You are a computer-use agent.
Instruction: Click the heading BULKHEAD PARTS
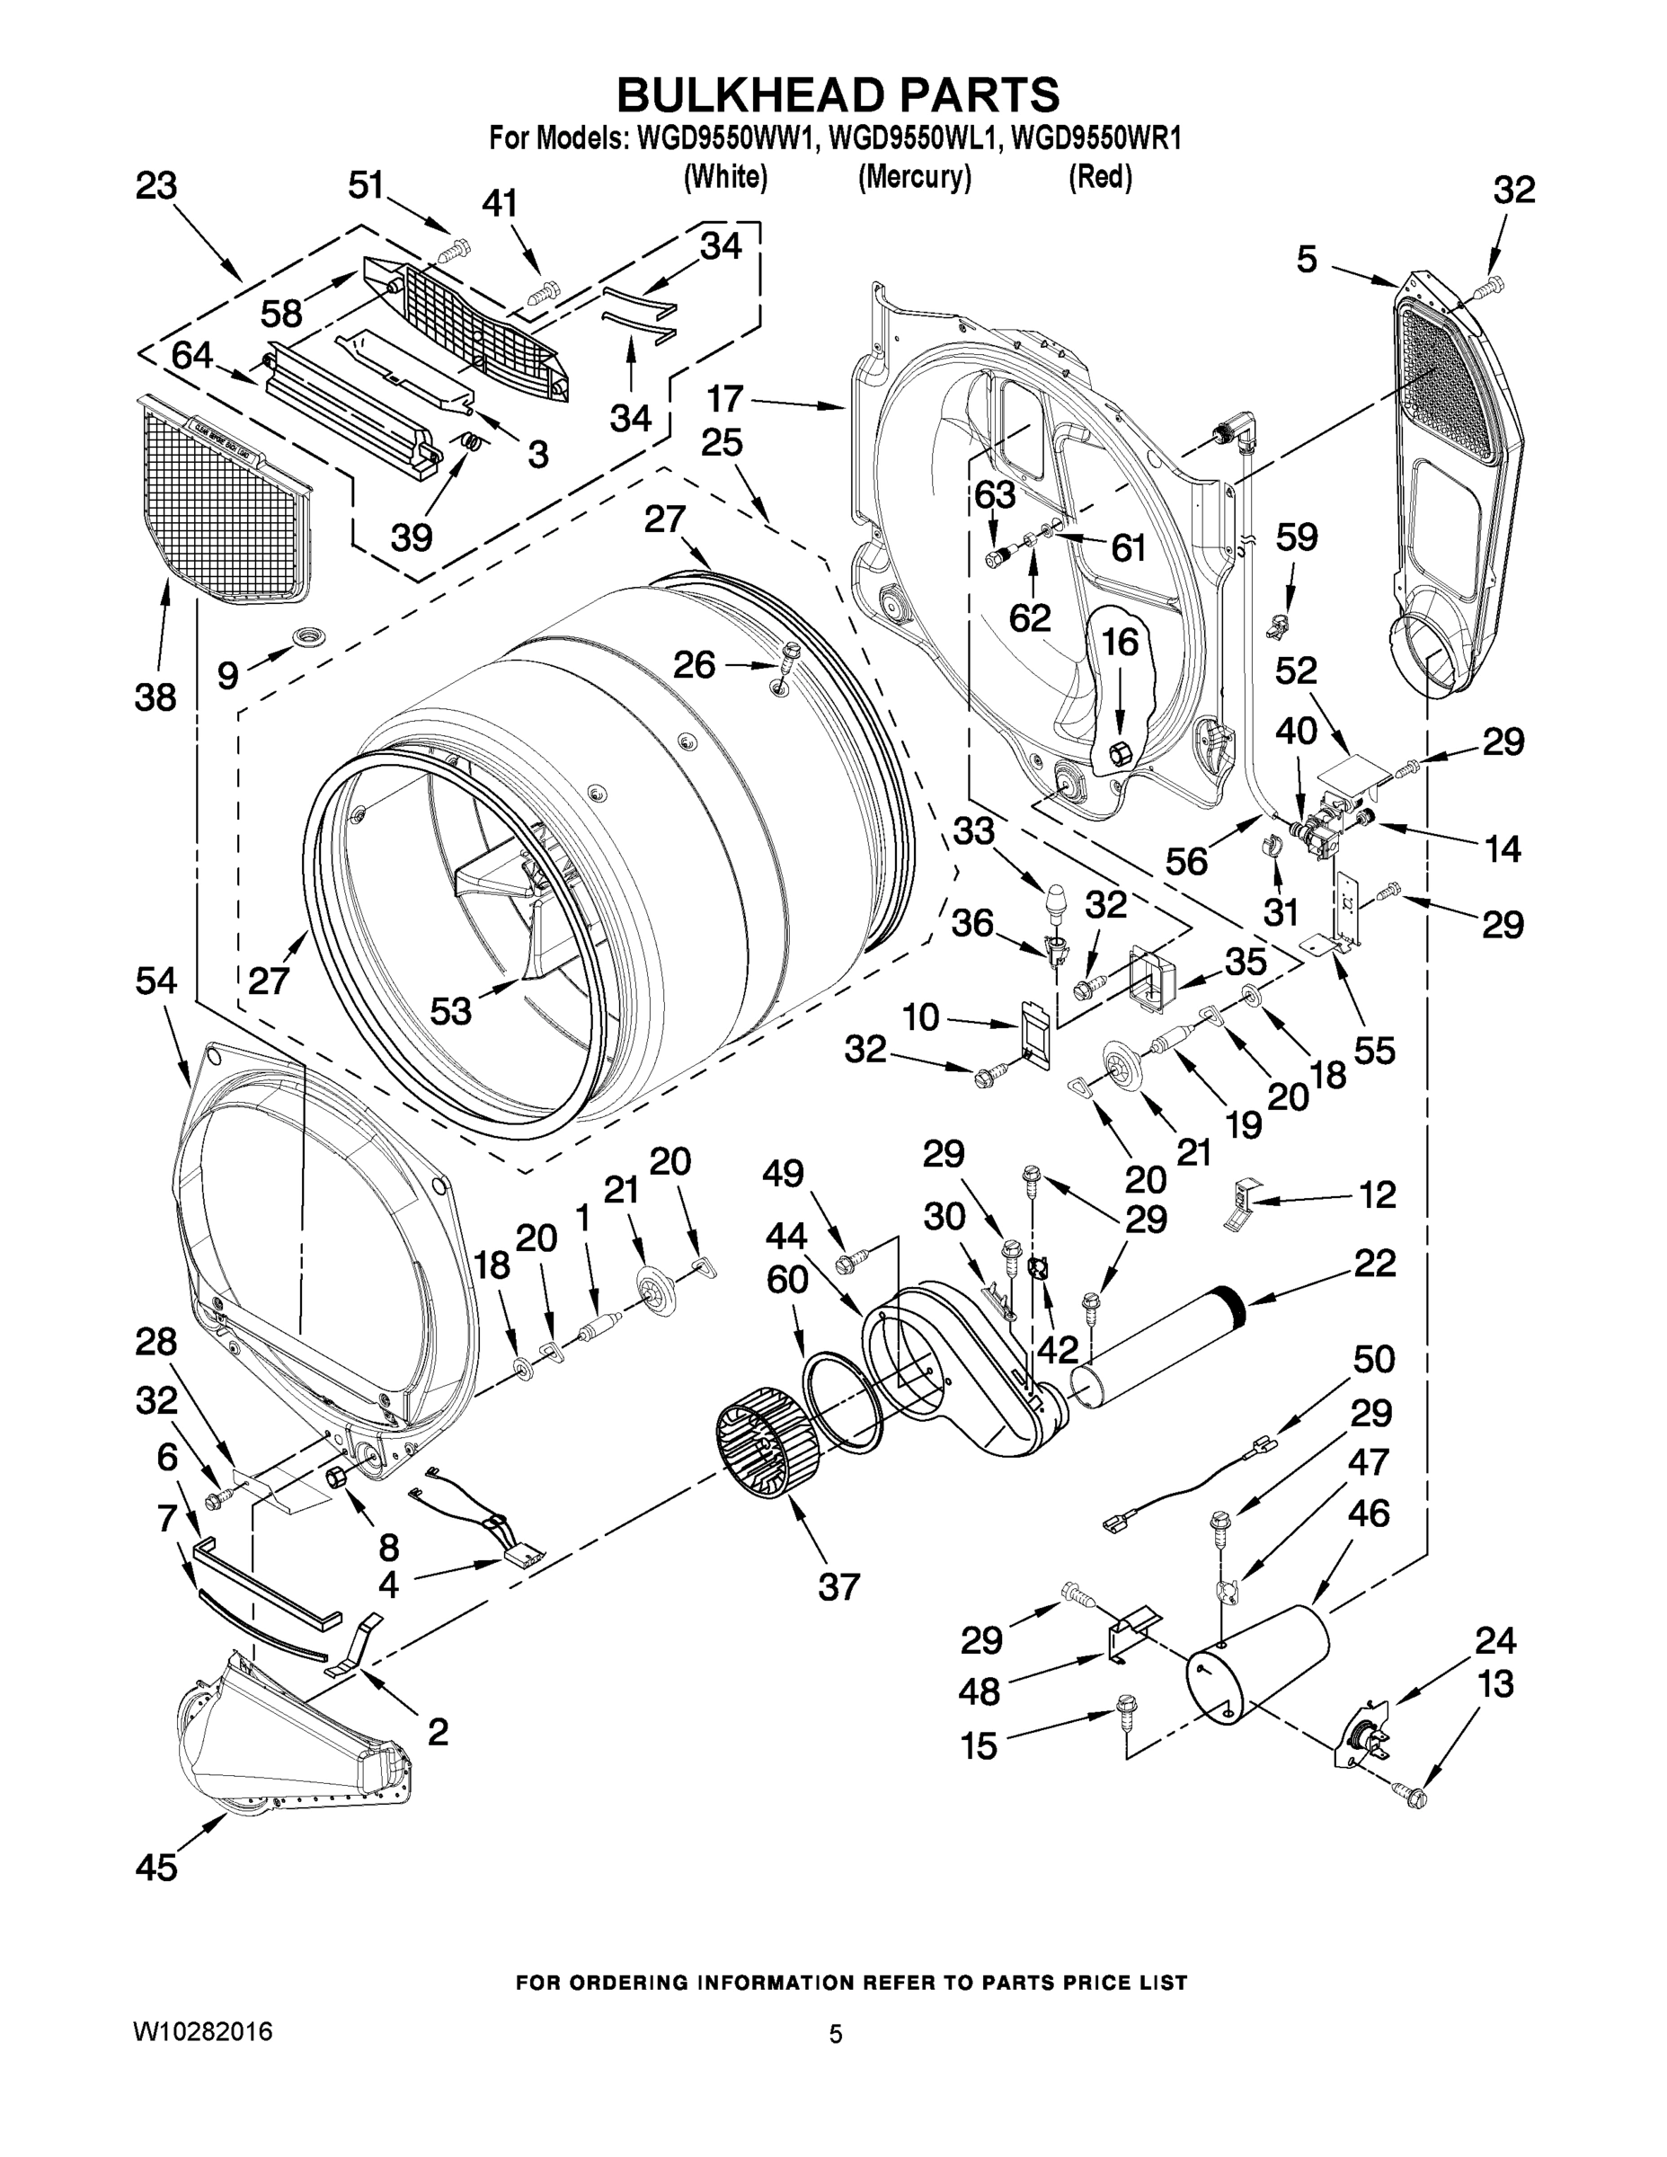(x=838, y=96)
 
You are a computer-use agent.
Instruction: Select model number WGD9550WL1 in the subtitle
(x=912, y=139)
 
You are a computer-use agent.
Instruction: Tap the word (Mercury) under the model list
(x=914, y=178)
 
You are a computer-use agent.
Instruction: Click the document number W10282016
(x=203, y=2031)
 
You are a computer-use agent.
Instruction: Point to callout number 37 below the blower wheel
(x=838, y=1587)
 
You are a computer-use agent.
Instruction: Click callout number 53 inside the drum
(x=450, y=1011)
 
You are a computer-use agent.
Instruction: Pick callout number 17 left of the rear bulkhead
(x=726, y=398)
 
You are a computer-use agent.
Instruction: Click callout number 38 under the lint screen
(x=156, y=697)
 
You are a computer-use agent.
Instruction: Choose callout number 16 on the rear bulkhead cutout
(x=1120, y=642)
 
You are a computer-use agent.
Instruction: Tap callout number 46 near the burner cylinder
(x=1368, y=1513)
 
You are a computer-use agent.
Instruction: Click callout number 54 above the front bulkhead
(x=156, y=981)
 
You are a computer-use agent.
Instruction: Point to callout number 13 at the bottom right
(x=1496, y=1684)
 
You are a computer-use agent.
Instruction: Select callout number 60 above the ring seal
(x=787, y=1280)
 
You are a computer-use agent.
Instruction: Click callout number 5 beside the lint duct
(x=1307, y=259)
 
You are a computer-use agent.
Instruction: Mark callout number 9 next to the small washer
(x=227, y=676)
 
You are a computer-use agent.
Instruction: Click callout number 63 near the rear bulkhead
(x=995, y=495)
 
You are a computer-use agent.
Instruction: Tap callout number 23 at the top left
(x=156, y=186)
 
